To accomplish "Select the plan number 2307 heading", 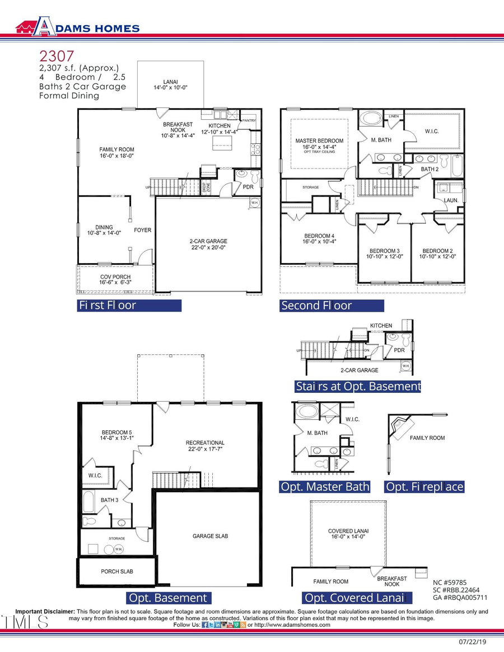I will [x=56, y=56].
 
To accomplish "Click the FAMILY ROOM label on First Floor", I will [x=116, y=153].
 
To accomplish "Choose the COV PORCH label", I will [x=115, y=280].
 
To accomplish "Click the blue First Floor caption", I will [x=129, y=306].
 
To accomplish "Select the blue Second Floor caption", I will [x=332, y=306].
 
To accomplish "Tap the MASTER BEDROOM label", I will [x=319, y=144].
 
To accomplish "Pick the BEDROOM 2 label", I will [x=438, y=254].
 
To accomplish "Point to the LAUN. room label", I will [x=451, y=200].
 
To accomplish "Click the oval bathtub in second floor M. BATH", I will [x=370, y=119].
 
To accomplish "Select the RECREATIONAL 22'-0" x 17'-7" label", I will [x=205, y=446].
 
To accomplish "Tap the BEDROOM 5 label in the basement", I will [x=117, y=435].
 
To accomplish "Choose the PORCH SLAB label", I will [x=117, y=571].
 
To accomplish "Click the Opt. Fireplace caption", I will [x=424, y=487].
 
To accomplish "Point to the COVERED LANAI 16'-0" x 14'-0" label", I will [x=348, y=534].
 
